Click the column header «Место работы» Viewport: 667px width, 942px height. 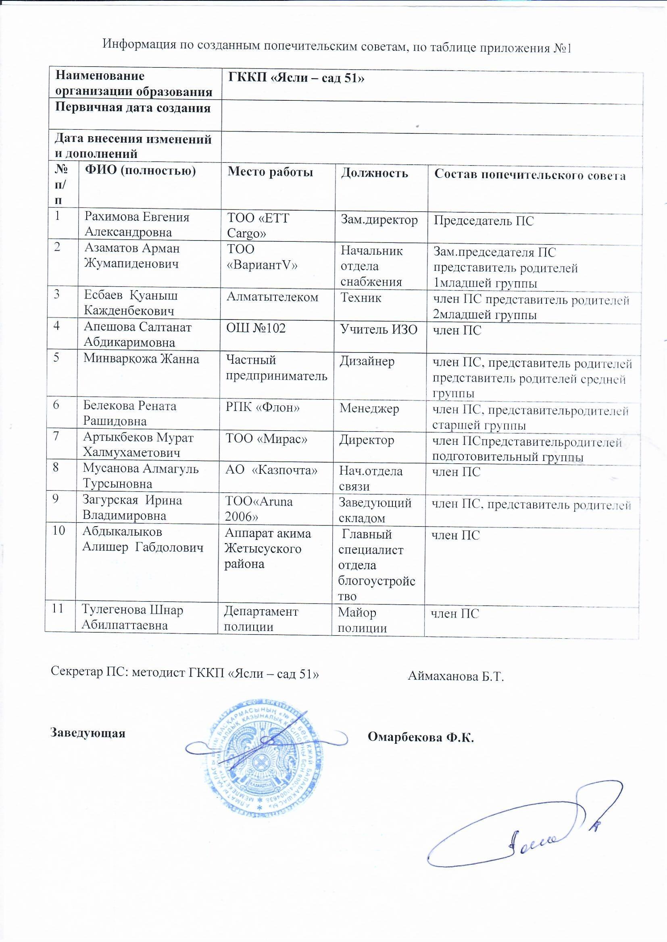(270, 172)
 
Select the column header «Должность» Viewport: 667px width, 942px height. (374, 173)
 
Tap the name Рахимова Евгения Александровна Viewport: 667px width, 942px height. (137, 224)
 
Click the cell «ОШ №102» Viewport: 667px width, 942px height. (256, 328)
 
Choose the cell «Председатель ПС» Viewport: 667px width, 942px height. (484, 221)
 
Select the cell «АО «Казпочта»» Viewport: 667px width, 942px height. (271, 471)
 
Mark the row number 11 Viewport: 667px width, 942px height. (58, 609)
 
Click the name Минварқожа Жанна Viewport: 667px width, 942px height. (141, 359)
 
